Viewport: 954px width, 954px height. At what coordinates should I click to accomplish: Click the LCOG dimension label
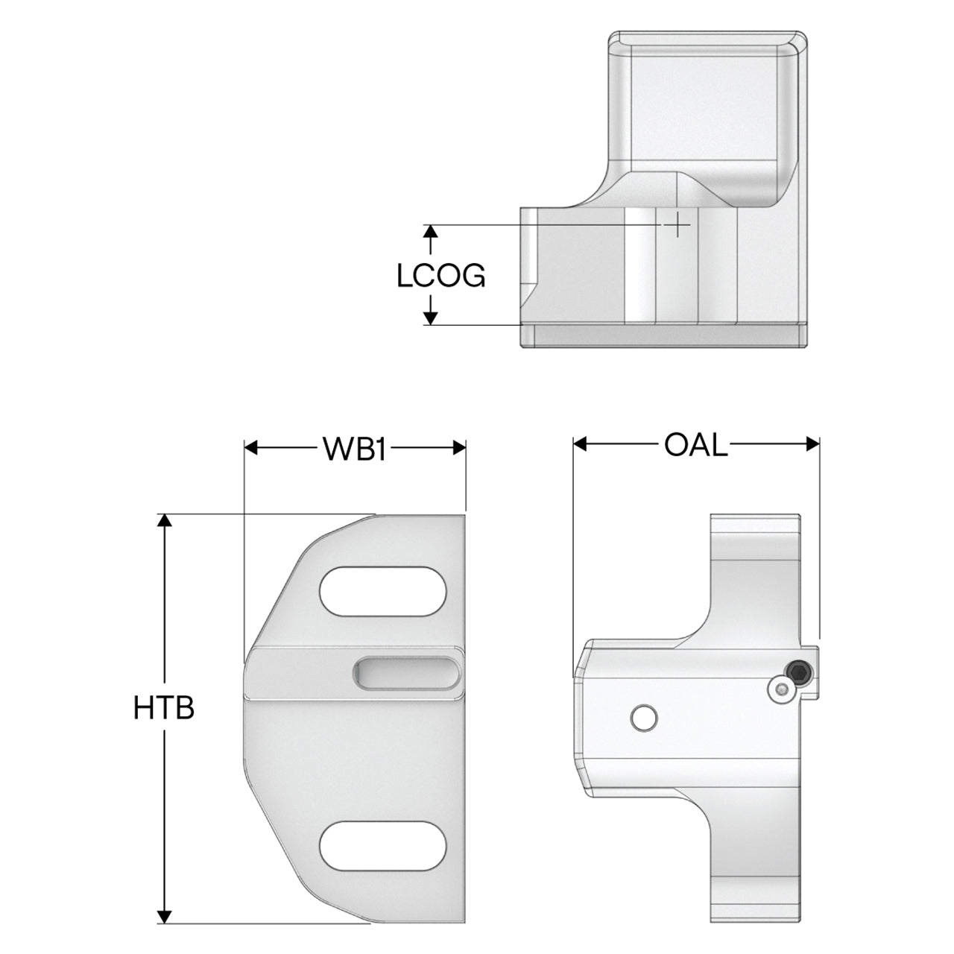(x=440, y=276)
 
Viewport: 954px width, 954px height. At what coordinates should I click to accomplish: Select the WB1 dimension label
(x=355, y=449)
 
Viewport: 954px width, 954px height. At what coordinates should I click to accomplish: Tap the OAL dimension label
(x=695, y=445)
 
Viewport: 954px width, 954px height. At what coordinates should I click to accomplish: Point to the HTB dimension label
(x=164, y=708)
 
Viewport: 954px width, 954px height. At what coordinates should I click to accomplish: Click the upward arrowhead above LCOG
(x=432, y=233)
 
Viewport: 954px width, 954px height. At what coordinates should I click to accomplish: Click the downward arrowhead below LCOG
(x=432, y=318)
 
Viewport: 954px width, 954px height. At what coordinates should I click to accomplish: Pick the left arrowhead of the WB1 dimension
(x=251, y=448)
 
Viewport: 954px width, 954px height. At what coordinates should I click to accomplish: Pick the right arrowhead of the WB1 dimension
(x=459, y=448)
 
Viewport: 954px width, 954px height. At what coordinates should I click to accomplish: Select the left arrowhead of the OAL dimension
(x=580, y=444)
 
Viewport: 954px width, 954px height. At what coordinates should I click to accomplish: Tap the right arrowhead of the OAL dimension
(x=813, y=444)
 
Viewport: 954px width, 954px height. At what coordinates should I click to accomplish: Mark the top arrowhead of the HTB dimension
(x=165, y=521)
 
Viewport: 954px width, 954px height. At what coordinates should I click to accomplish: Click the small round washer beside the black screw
(x=783, y=689)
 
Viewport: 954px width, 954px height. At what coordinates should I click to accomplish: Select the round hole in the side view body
(x=645, y=718)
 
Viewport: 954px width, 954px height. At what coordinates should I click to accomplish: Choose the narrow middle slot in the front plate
(x=406, y=673)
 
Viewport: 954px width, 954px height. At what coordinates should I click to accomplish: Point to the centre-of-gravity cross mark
(x=676, y=225)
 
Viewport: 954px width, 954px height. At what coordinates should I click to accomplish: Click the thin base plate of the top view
(x=664, y=335)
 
